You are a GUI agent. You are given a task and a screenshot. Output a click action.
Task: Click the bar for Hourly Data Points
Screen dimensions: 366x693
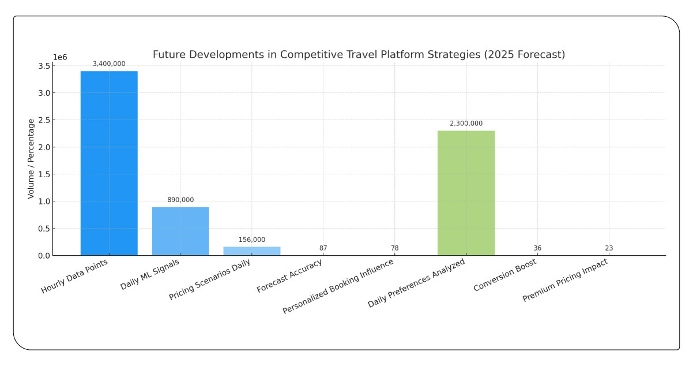[x=109, y=163]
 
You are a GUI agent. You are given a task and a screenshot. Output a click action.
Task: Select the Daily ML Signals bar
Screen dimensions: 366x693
[x=180, y=231]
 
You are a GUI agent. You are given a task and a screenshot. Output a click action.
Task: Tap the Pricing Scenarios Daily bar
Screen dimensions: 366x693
[x=252, y=251]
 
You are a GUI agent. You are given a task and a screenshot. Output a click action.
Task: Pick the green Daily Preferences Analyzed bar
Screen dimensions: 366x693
[x=466, y=193]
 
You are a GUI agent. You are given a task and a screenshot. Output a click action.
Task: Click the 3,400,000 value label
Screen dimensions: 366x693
[x=109, y=64]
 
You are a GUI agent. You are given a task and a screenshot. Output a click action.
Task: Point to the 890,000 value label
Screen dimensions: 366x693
[x=180, y=200]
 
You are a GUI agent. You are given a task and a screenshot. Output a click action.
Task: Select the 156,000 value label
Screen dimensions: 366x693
[x=252, y=240]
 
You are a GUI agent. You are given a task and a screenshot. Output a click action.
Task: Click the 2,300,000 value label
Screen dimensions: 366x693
[x=466, y=124]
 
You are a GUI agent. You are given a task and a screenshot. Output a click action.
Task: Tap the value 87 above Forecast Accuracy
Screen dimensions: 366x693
[x=323, y=248]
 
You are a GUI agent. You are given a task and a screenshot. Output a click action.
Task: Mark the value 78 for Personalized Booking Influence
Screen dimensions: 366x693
[x=394, y=248]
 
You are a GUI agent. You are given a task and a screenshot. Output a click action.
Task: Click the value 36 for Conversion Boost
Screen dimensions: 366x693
[x=537, y=248]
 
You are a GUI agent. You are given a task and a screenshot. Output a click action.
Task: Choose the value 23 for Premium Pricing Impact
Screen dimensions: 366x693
[x=609, y=248]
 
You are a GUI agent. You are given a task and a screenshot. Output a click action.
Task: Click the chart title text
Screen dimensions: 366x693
[x=359, y=55]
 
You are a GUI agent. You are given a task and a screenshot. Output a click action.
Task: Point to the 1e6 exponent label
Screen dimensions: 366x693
[x=60, y=57]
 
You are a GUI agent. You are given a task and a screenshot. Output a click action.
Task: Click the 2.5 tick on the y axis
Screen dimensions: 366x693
[x=42, y=120]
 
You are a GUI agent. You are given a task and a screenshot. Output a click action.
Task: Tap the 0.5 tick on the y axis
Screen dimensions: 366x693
[x=42, y=229]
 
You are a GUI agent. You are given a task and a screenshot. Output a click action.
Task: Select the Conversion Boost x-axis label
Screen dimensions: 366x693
[x=505, y=275]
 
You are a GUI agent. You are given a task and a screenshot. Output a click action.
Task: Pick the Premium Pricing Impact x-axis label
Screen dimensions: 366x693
[x=566, y=281]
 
